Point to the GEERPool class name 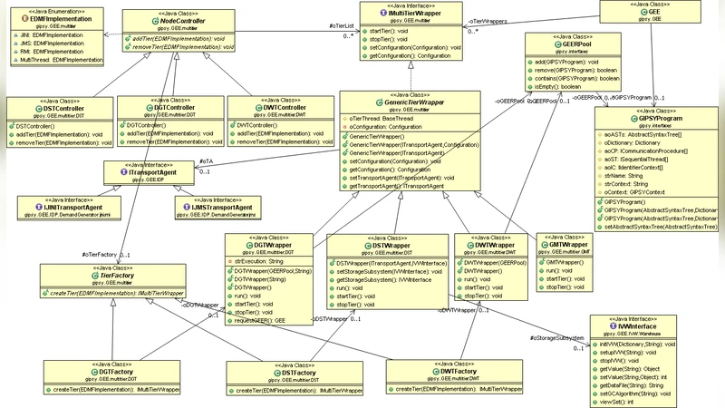[577, 44]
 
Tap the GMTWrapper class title [568, 244]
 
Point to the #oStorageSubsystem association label [556, 337]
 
